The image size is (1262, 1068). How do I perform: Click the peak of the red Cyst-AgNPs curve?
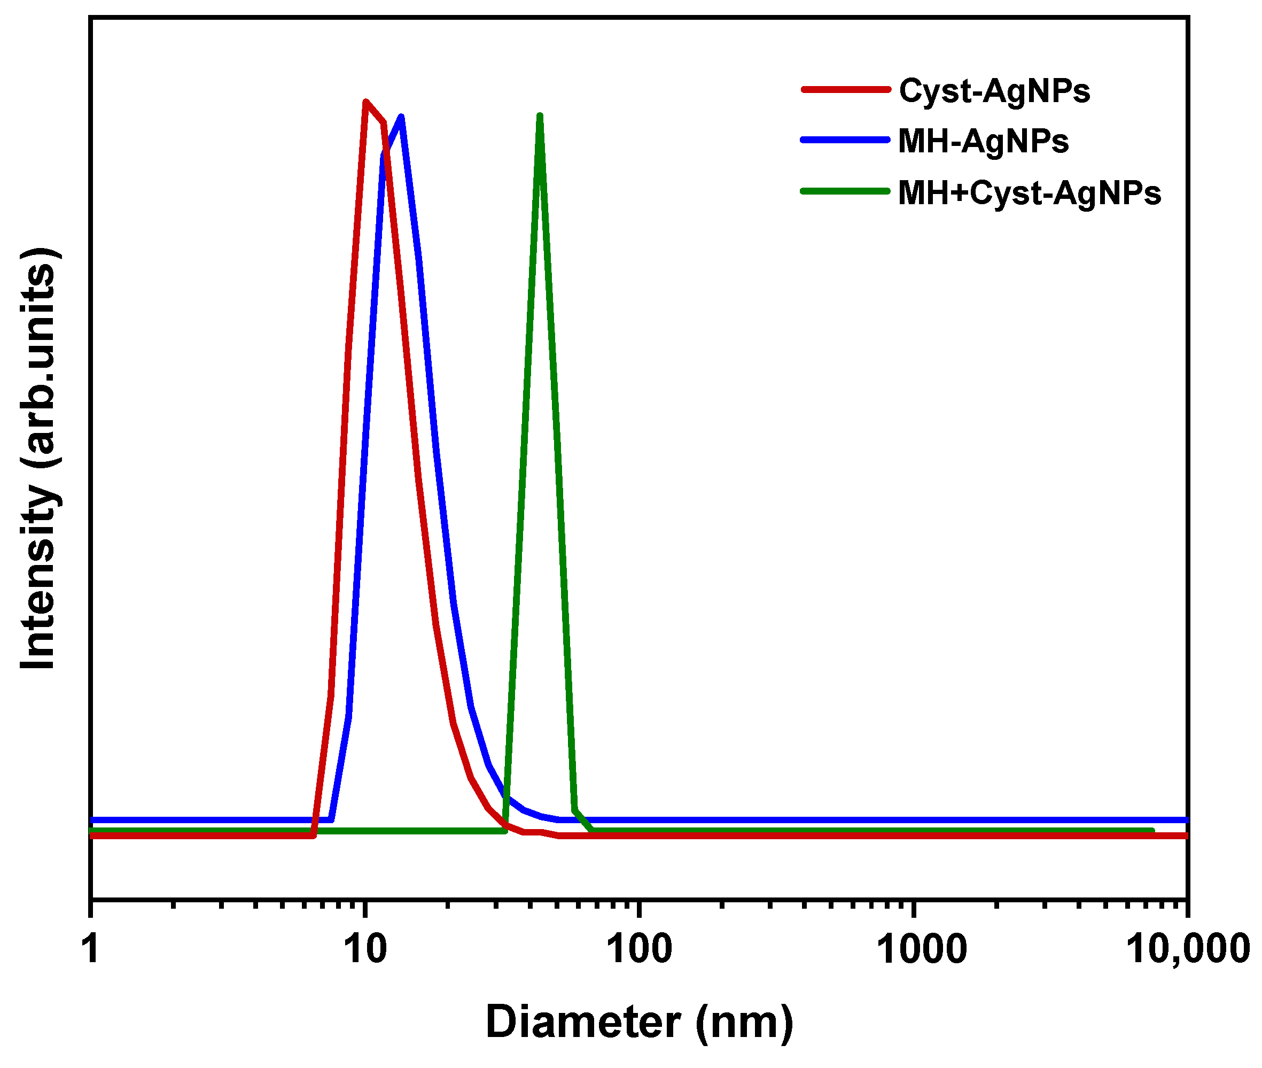tap(365, 102)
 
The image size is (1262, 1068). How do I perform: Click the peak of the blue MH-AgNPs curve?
tap(401, 117)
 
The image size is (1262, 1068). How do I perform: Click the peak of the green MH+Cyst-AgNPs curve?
tap(539, 115)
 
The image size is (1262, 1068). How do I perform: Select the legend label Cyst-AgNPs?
tap(994, 91)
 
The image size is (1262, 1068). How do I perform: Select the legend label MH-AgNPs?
tap(983, 141)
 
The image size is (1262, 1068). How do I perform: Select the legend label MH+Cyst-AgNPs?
tap(1029, 193)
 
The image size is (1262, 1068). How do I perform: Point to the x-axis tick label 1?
tap(91, 949)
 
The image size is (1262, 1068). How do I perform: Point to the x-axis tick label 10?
tap(365, 949)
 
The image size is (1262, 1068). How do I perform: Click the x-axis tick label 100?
tap(639, 949)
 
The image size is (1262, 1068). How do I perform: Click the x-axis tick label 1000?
tap(921, 949)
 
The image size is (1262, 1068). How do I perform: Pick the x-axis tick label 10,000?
tap(1188, 949)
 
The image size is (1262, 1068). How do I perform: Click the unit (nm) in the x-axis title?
tap(744, 1023)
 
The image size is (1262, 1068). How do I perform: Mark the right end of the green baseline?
tap(1152, 831)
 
